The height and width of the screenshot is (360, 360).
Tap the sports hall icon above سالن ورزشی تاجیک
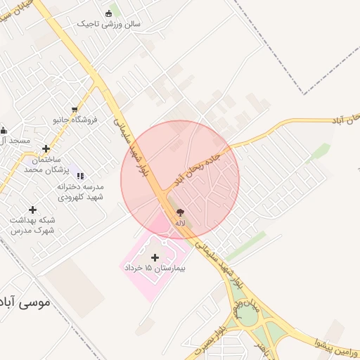[x=108, y=13]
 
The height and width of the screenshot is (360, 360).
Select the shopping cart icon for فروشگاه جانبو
[x=75, y=109]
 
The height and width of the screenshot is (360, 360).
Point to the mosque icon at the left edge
[x=4, y=130]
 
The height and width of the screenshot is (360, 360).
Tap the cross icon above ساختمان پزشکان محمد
[x=46, y=149]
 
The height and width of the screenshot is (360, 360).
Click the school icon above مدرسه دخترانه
[x=79, y=175]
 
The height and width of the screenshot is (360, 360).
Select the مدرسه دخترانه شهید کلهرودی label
[x=79, y=192]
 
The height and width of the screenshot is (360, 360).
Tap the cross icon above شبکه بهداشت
[x=32, y=210]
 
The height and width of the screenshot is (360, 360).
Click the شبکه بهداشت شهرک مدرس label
[x=32, y=225]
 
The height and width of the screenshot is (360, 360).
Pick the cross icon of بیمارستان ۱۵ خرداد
[x=155, y=258]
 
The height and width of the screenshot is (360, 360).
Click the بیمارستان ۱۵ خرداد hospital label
[x=154, y=269]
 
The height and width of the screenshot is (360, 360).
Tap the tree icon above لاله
[x=181, y=212]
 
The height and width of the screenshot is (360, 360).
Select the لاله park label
[x=181, y=223]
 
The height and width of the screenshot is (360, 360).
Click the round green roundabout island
[x=247, y=317]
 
